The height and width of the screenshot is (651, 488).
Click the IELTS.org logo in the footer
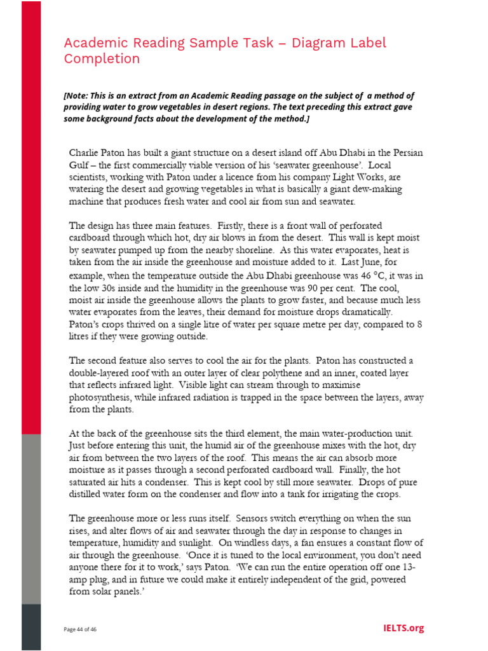[403, 628]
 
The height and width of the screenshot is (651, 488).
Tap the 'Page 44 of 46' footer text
[80, 629]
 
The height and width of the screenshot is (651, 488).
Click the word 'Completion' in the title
[102, 59]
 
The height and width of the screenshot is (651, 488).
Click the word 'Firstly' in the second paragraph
[233, 226]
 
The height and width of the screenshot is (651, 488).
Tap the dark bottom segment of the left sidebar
[31, 626]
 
